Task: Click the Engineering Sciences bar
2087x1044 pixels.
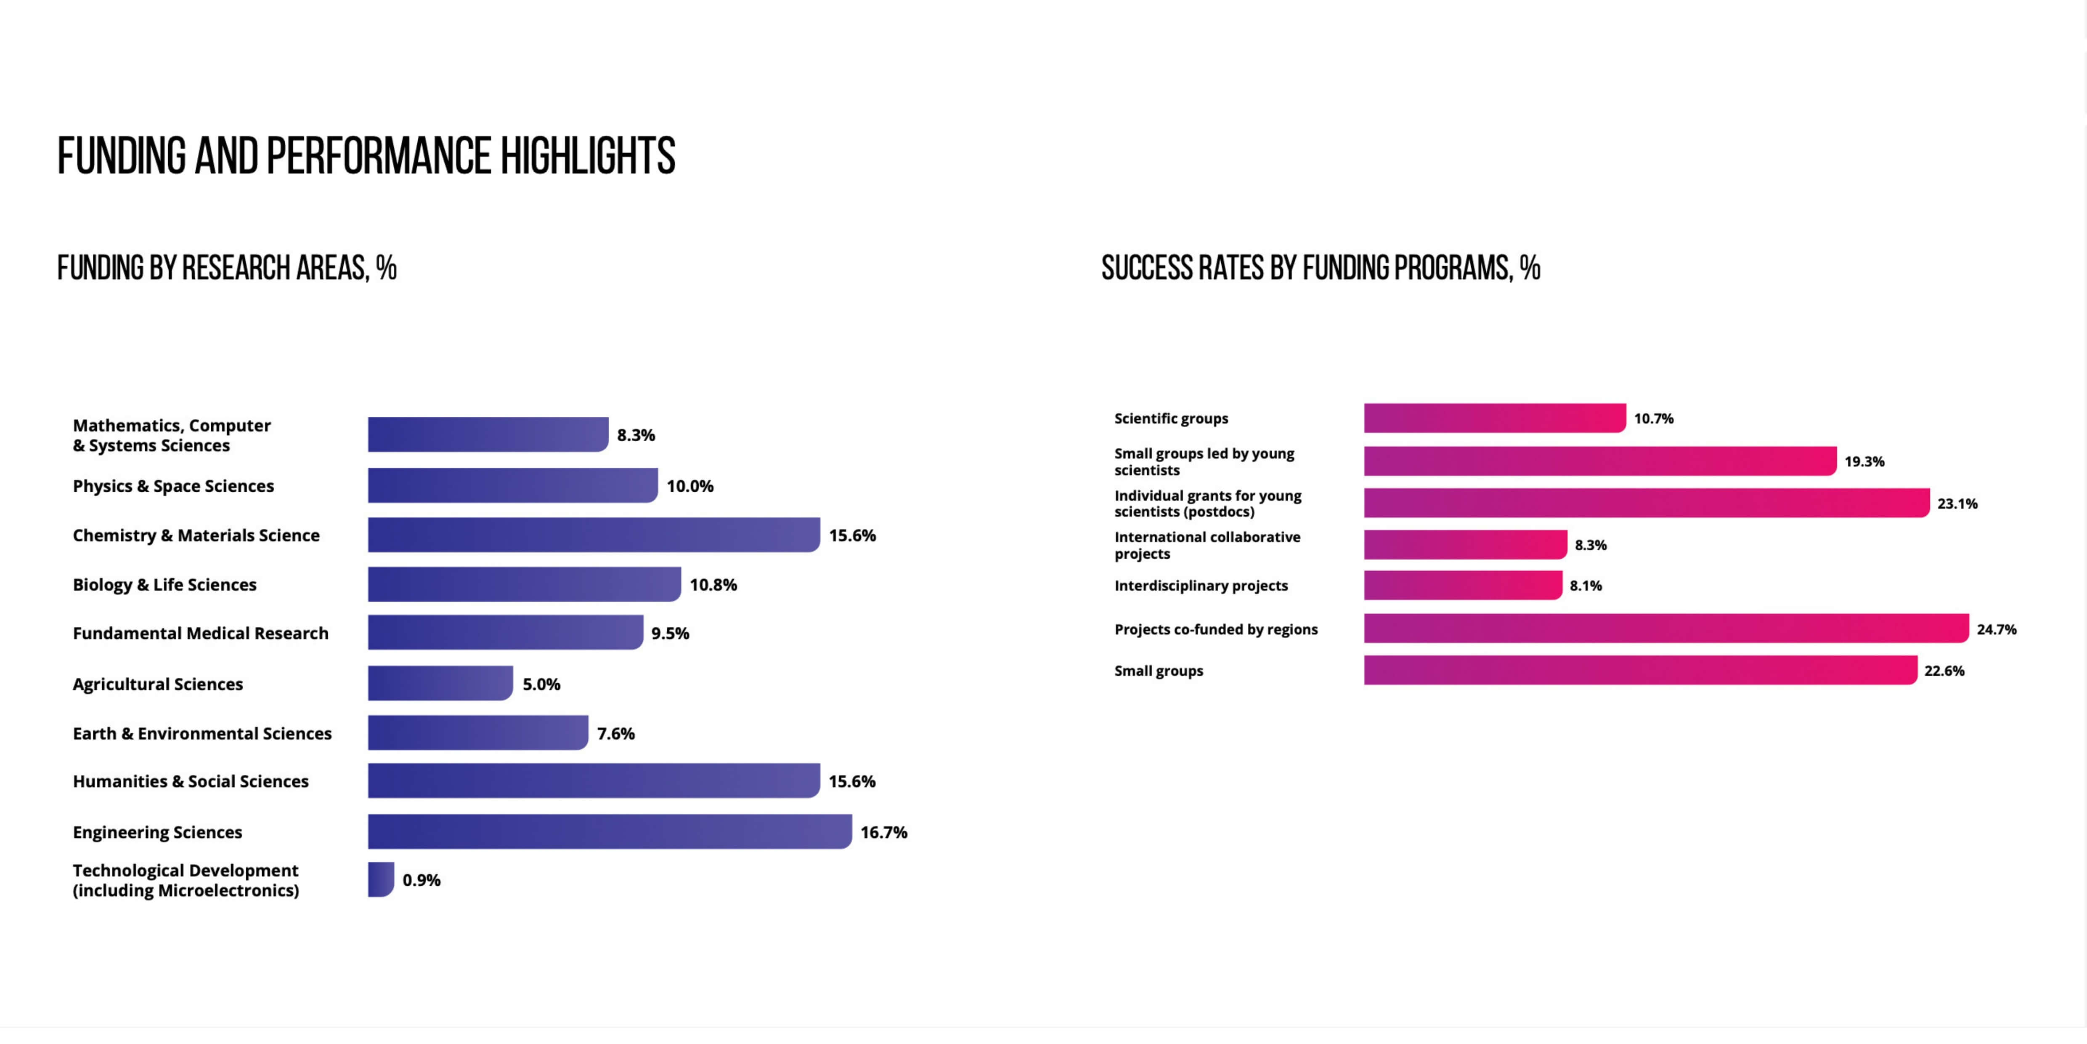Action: [x=609, y=832]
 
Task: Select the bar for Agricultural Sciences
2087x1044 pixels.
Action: [x=440, y=683]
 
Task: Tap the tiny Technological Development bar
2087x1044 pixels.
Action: [x=381, y=879]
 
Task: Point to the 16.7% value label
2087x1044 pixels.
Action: [x=883, y=832]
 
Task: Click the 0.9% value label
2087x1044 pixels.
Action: [x=421, y=880]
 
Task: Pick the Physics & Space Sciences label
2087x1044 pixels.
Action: [x=173, y=486]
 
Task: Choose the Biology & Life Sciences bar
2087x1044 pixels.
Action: [x=524, y=584]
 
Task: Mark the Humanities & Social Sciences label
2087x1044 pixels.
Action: [x=191, y=781]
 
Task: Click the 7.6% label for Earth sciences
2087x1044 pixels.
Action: [x=616, y=734]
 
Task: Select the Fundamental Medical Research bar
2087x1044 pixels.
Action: [x=505, y=632]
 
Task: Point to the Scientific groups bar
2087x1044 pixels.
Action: [x=1495, y=418]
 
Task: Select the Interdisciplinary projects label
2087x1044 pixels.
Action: [x=1201, y=585]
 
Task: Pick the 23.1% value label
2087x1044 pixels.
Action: [x=1957, y=503]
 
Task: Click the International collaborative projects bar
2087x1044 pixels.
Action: [x=1465, y=545]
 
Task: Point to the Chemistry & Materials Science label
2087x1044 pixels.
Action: [x=196, y=536]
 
